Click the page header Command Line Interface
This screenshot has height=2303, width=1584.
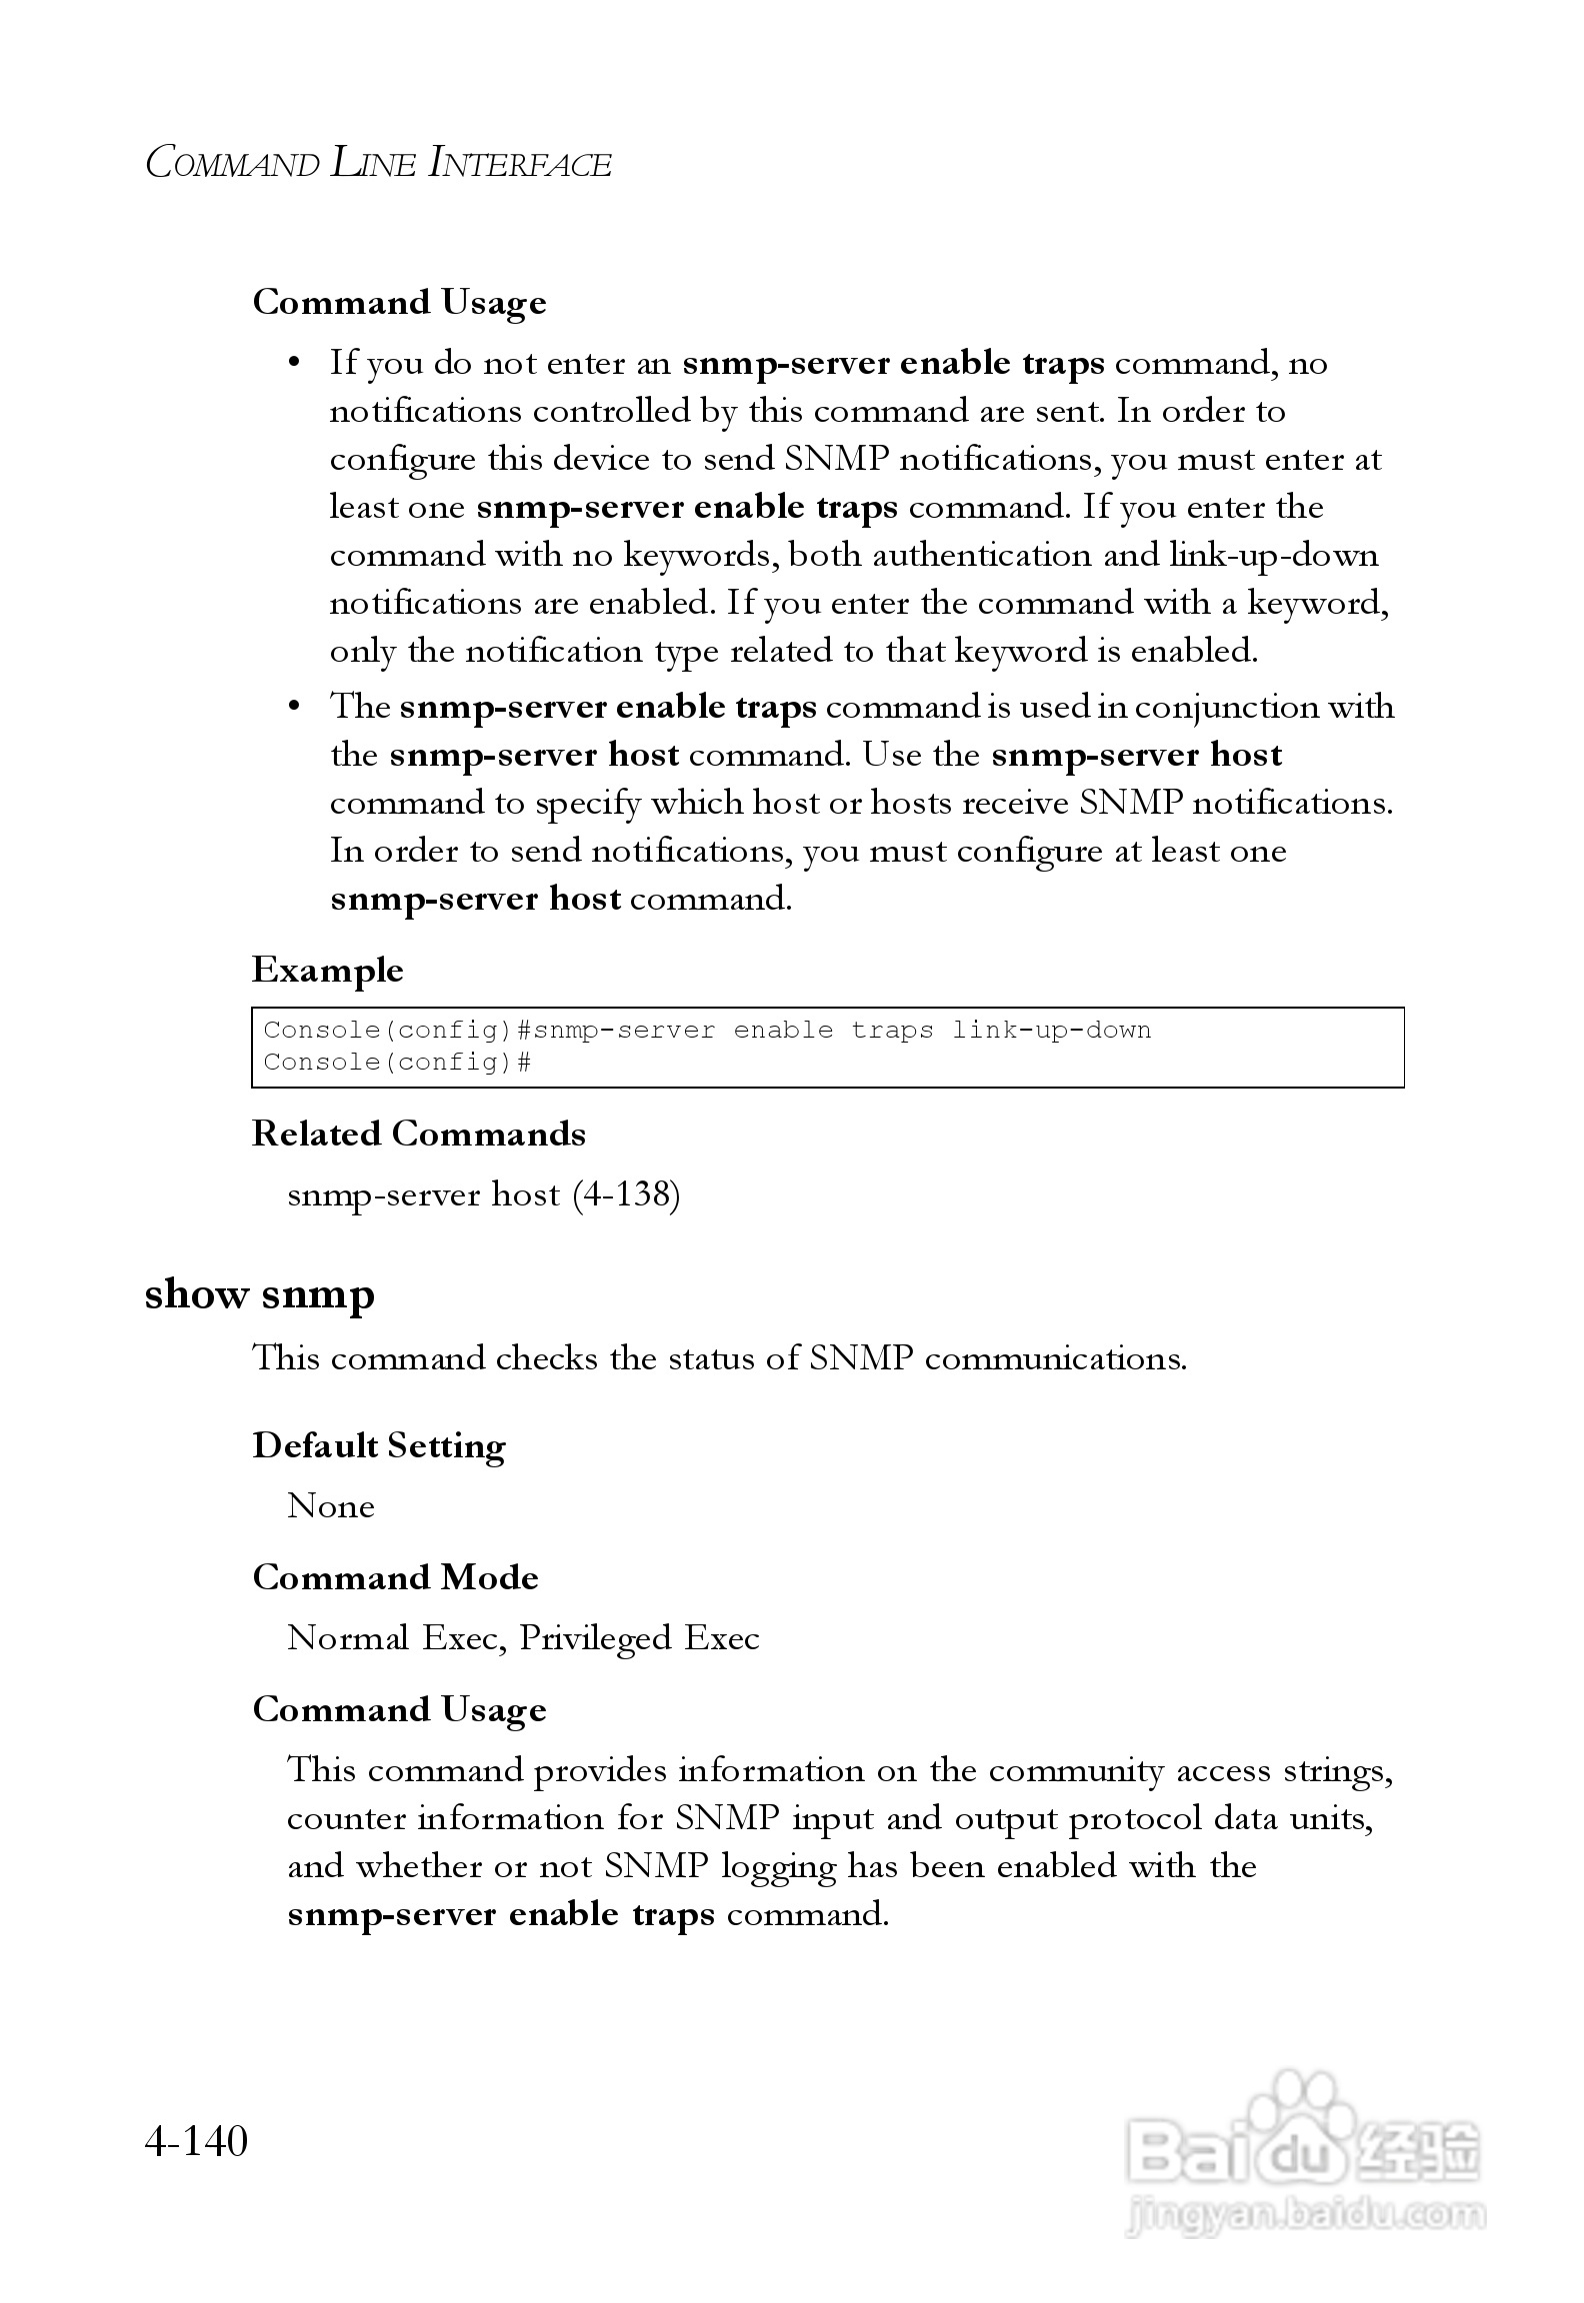[378, 163]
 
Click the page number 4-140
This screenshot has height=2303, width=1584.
[196, 2141]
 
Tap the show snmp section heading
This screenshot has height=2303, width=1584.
[259, 1293]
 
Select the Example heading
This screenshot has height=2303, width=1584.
[327, 970]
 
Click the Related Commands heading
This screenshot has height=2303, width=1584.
[418, 1134]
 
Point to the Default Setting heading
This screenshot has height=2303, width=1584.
[378, 1445]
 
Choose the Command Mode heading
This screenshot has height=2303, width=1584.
[395, 1577]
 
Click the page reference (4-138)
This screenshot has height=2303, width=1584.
[626, 1194]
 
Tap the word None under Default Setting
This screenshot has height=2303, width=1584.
[330, 1506]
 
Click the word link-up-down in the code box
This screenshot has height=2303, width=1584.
[1050, 1031]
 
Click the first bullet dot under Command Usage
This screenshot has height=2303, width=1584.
[294, 363]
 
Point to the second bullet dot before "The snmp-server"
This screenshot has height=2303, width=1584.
[294, 707]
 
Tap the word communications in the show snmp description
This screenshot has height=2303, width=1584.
[1055, 1358]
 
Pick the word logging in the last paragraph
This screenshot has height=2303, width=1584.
[778, 1866]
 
